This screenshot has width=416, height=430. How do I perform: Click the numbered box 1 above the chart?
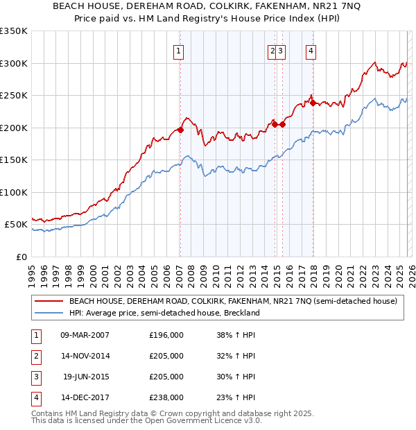[179, 50]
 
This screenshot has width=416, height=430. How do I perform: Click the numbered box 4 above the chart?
[311, 50]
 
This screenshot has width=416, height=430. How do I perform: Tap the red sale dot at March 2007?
[180, 130]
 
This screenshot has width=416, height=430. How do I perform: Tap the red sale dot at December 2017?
[313, 103]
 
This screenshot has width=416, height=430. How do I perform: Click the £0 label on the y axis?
[21, 257]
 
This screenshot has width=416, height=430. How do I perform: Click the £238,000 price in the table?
[166, 397]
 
